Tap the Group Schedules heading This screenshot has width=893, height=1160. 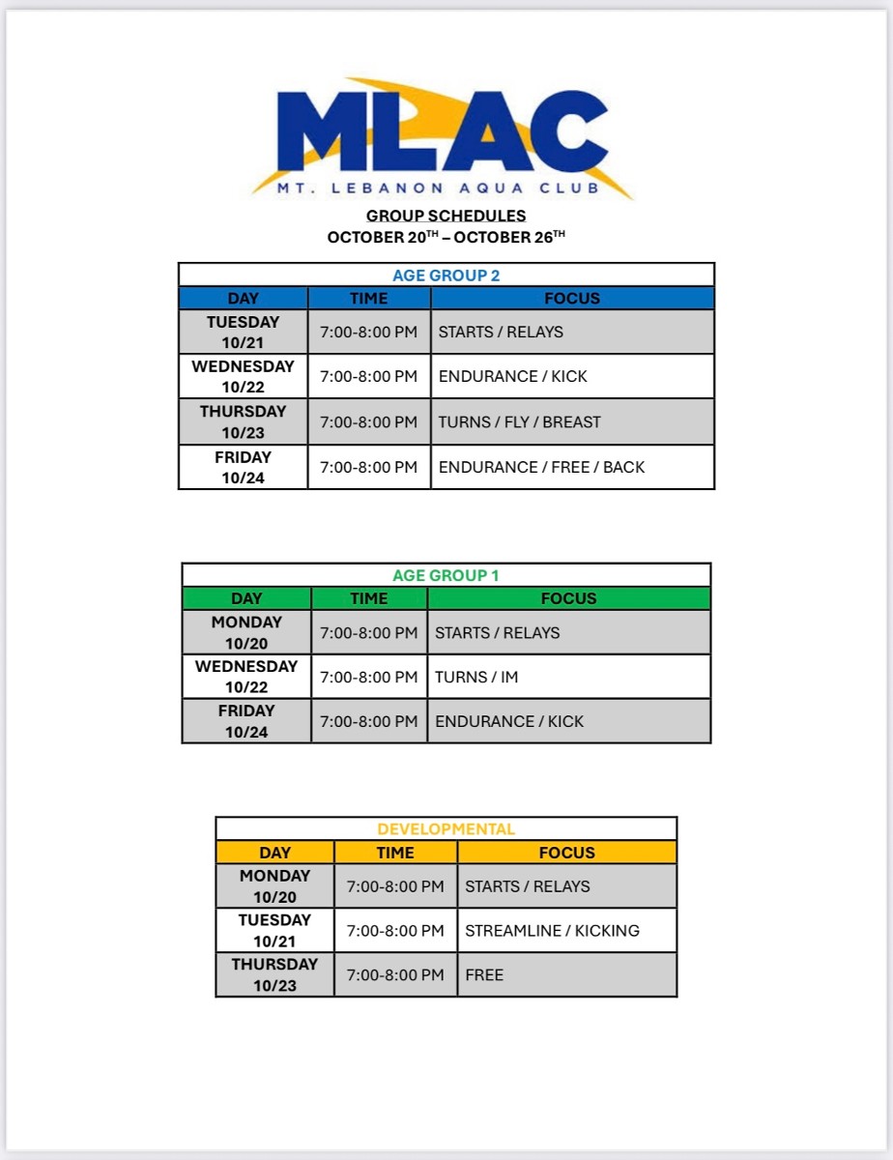(x=446, y=216)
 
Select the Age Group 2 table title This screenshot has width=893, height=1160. (x=446, y=275)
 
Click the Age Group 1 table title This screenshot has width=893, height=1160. (x=446, y=575)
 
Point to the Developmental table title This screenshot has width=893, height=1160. (x=446, y=829)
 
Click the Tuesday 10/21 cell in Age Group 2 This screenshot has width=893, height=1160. (x=244, y=332)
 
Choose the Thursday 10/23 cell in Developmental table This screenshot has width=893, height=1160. (x=274, y=974)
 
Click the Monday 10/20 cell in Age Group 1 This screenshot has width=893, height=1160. (x=246, y=632)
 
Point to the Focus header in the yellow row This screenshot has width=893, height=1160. (x=566, y=853)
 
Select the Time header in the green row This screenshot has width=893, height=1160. (x=368, y=598)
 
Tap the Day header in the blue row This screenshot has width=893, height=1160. (x=244, y=299)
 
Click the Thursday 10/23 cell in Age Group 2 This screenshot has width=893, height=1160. (x=244, y=421)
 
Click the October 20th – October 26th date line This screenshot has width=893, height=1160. (x=446, y=237)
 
